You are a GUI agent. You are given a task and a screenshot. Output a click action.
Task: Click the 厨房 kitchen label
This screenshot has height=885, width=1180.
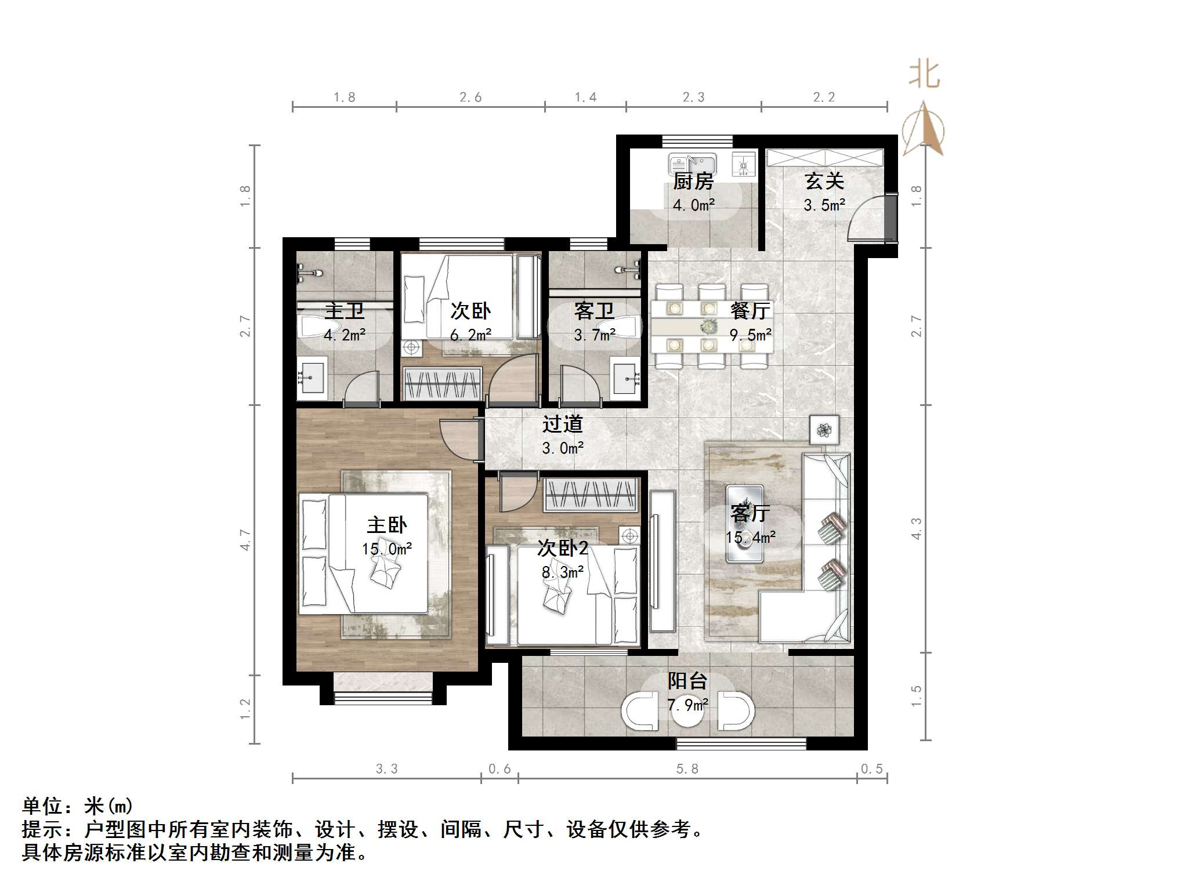pos(693,182)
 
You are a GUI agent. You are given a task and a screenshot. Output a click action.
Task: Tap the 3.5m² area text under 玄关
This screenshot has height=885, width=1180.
pos(824,205)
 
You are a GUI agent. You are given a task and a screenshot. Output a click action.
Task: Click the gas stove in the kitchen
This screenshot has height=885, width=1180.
pos(744,164)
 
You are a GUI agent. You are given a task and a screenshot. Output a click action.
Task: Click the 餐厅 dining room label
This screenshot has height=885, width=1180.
pos(750,311)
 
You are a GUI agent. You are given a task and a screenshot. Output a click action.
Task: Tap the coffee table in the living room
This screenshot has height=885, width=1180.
pos(745,524)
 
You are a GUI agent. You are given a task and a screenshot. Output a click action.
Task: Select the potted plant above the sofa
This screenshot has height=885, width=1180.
pos(824,430)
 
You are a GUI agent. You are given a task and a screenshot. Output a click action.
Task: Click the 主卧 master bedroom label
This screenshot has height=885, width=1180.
pos(386,525)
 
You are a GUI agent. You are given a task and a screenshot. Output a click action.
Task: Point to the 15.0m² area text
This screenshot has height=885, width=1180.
pos(387,549)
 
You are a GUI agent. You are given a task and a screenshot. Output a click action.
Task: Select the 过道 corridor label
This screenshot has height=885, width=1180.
pos(562,425)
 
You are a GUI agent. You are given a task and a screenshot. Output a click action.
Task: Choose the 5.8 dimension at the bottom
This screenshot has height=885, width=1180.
pos(687,769)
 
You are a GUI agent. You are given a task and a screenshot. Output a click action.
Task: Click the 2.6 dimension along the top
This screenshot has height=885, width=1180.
pos(470,97)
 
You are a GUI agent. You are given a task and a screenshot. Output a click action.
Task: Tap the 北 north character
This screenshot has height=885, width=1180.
pos(924,75)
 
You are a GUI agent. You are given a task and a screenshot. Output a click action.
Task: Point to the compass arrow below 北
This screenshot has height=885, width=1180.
pos(924,128)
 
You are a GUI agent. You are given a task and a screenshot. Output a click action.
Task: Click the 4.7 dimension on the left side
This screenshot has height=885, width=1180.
pos(245,540)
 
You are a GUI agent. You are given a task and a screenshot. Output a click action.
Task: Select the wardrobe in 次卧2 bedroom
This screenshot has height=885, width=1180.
pos(591,495)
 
